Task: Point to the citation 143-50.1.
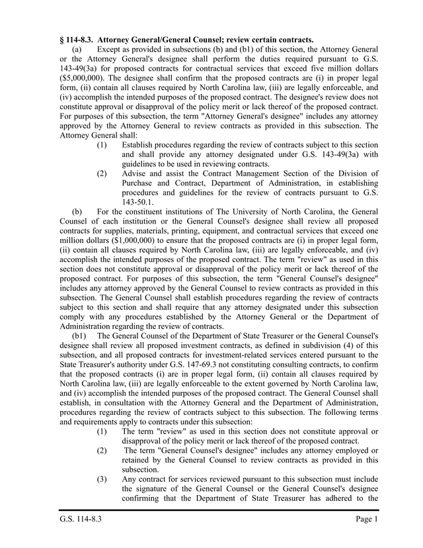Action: pos(138,203)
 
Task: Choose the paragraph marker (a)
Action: pos(77,49)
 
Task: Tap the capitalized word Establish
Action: pos(139,145)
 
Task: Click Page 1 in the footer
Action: pos(366,520)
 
